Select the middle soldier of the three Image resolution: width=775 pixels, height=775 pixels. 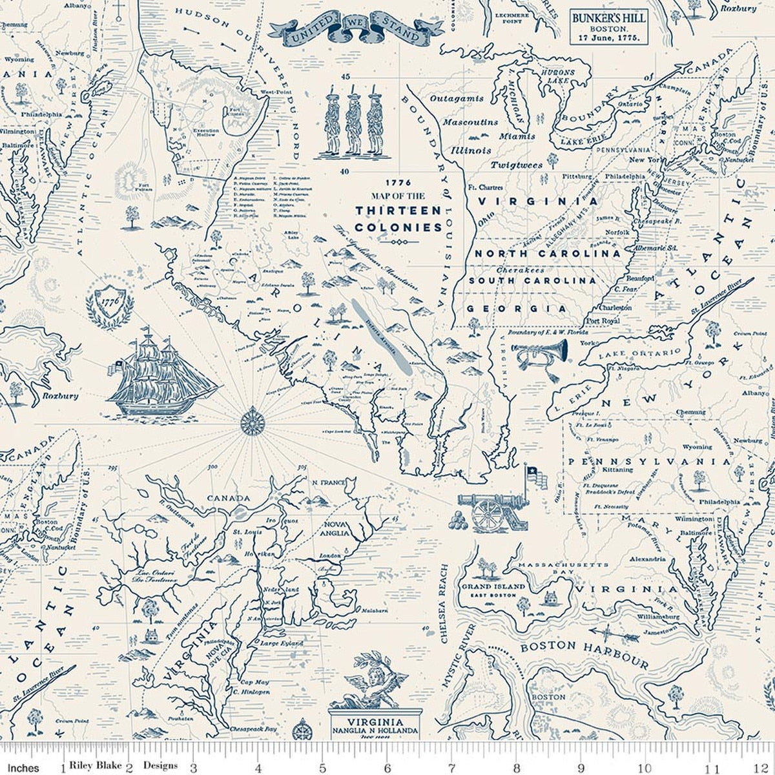coord(353,123)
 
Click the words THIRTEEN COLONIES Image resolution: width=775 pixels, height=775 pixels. coord(398,218)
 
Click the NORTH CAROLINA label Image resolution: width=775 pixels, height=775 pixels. coord(548,254)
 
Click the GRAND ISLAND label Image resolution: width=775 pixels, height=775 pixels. coord(502,586)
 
